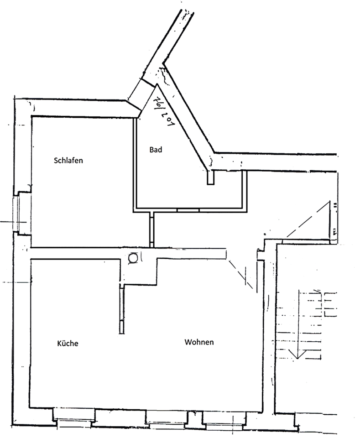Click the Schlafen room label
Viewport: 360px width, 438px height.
click(x=68, y=161)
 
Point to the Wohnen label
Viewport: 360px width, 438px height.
click(x=199, y=342)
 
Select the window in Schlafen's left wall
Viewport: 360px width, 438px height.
click(x=21, y=213)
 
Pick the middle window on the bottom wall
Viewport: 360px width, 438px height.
click(x=167, y=417)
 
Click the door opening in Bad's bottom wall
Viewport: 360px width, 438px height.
click(x=188, y=210)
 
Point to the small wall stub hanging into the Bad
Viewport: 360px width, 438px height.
click(x=210, y=177)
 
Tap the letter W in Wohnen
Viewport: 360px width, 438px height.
click(x=188, y=342)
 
